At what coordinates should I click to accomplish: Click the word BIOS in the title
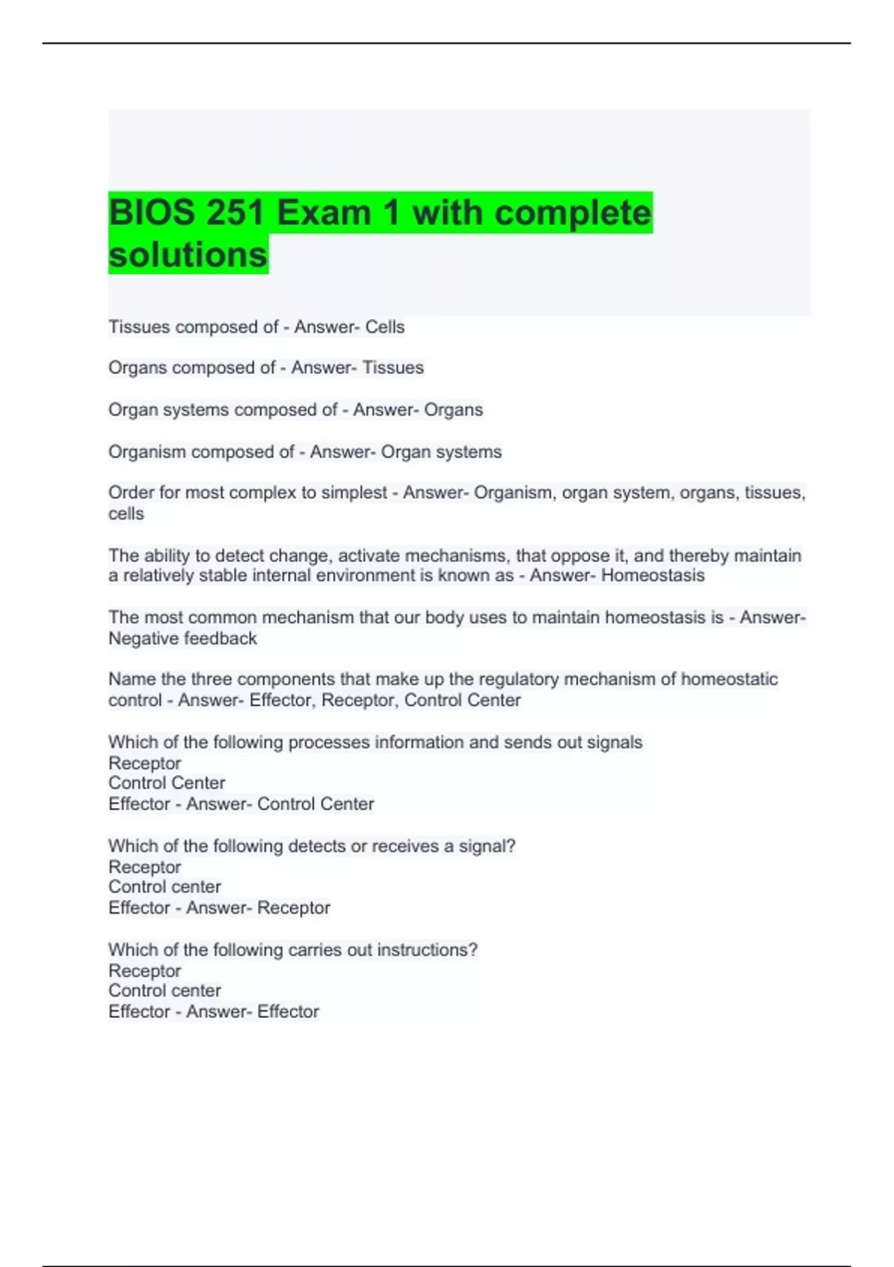point(151,213)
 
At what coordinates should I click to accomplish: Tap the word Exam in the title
point(324,213)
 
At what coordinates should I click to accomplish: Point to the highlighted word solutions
point(188,255)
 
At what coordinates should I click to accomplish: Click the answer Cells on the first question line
point(384,327)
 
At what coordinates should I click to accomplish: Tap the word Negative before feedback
point(140,639)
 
